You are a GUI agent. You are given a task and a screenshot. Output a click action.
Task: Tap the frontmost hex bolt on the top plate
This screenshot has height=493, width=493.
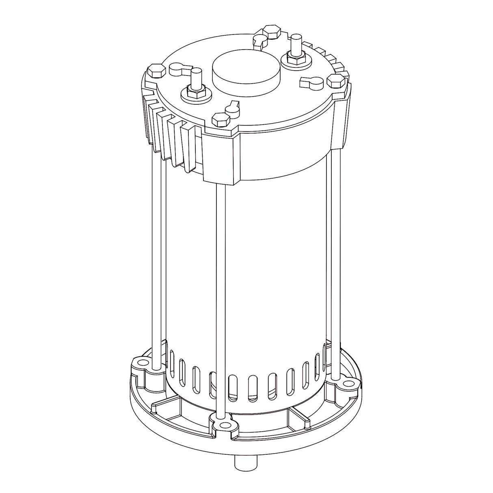221,119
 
